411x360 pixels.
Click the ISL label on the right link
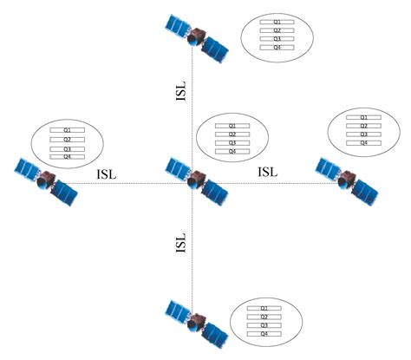click(x=269, y=172)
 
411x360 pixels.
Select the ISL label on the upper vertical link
click(x=181, y=94)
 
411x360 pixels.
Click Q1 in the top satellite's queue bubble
click(x=277, y=21)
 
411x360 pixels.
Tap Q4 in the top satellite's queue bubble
click(x=277, y=47)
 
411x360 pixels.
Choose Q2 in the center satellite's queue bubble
click(x=232, y=134)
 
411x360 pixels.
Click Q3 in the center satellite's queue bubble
click(x=232, y=143)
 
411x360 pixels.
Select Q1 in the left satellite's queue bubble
click(x=67, y=130)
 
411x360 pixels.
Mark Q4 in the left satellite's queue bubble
click(x=67, y=157)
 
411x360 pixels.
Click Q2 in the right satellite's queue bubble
click(x=364, y=126)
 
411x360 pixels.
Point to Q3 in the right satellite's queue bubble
click(x=364, y=134)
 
